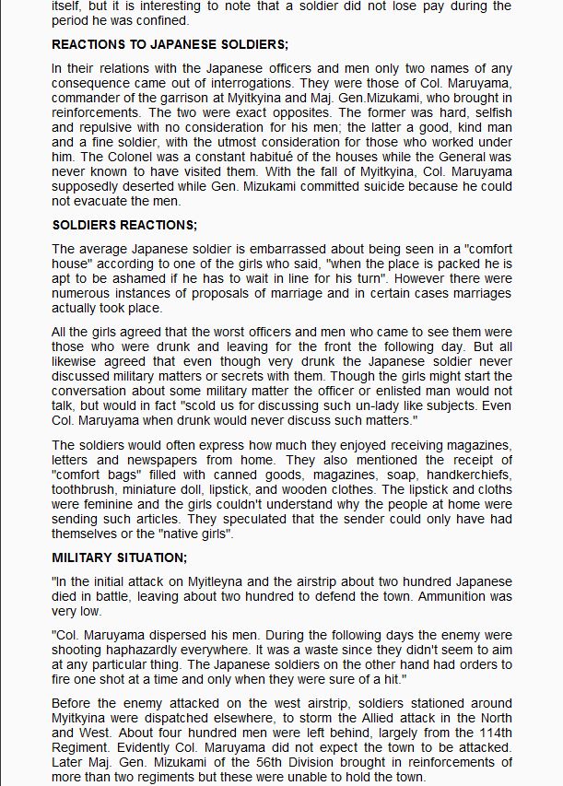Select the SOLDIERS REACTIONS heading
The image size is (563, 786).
click(124, 225)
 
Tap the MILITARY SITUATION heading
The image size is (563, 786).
click(120, 557)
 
